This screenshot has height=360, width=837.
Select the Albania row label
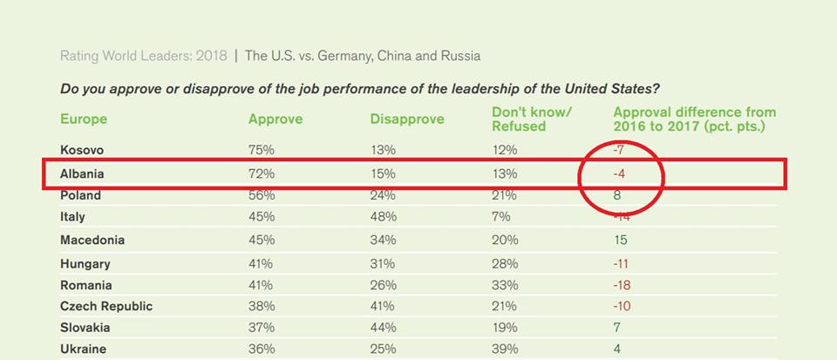pos(82,174)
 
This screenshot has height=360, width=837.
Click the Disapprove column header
pos(407,119)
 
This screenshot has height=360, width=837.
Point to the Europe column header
pos(84,119)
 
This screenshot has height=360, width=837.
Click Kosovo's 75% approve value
pos(262,150)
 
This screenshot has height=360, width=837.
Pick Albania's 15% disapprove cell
pos(383,174)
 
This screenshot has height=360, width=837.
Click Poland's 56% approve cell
pos(262,195)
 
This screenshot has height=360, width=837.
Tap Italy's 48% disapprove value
pos(383,217)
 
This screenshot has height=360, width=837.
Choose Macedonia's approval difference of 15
pos(622,240)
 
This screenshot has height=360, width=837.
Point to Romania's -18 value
pos(623,285)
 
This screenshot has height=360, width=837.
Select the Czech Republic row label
pos(106,306)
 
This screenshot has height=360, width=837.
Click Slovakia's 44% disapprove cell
pos(383,328)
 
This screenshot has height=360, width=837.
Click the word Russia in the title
pos(460,57)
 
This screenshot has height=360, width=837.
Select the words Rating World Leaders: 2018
pos(144,57)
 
